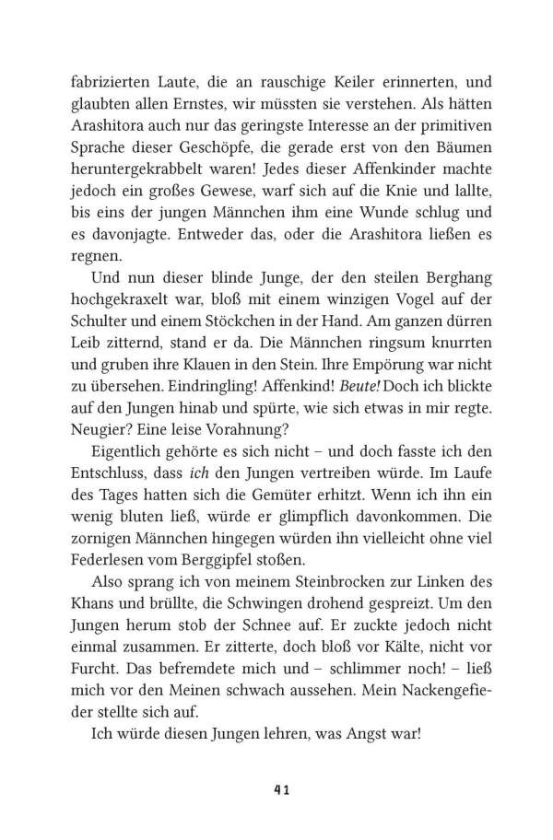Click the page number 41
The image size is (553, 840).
point(276,787)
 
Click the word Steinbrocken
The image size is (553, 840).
point(313,583)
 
